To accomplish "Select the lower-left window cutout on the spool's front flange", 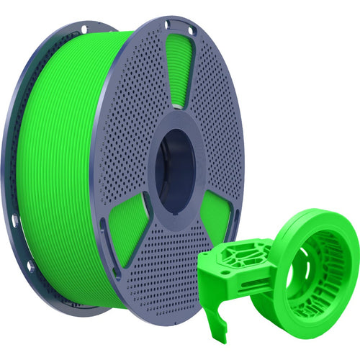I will pos(128,230).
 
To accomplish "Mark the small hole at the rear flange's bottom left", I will pos(30,266).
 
